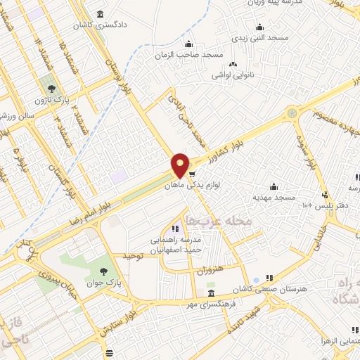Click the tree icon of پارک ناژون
point(51,89)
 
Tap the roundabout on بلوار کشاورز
point(291,112)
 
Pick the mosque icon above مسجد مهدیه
point(273,186)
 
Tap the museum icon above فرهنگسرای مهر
point(211,293)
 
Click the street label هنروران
point(207,269)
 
